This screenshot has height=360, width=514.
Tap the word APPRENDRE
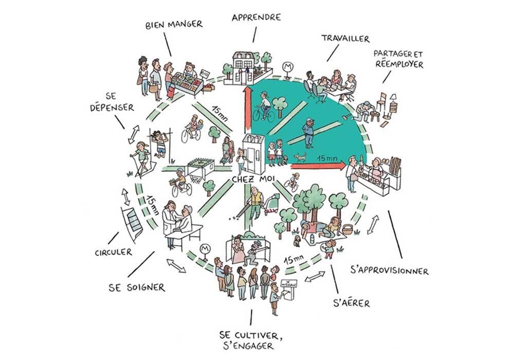point(255,17)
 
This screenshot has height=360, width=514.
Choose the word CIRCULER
point(113,252)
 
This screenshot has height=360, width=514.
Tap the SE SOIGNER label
point(137,287)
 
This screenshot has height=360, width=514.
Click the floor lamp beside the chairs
point(394,100)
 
